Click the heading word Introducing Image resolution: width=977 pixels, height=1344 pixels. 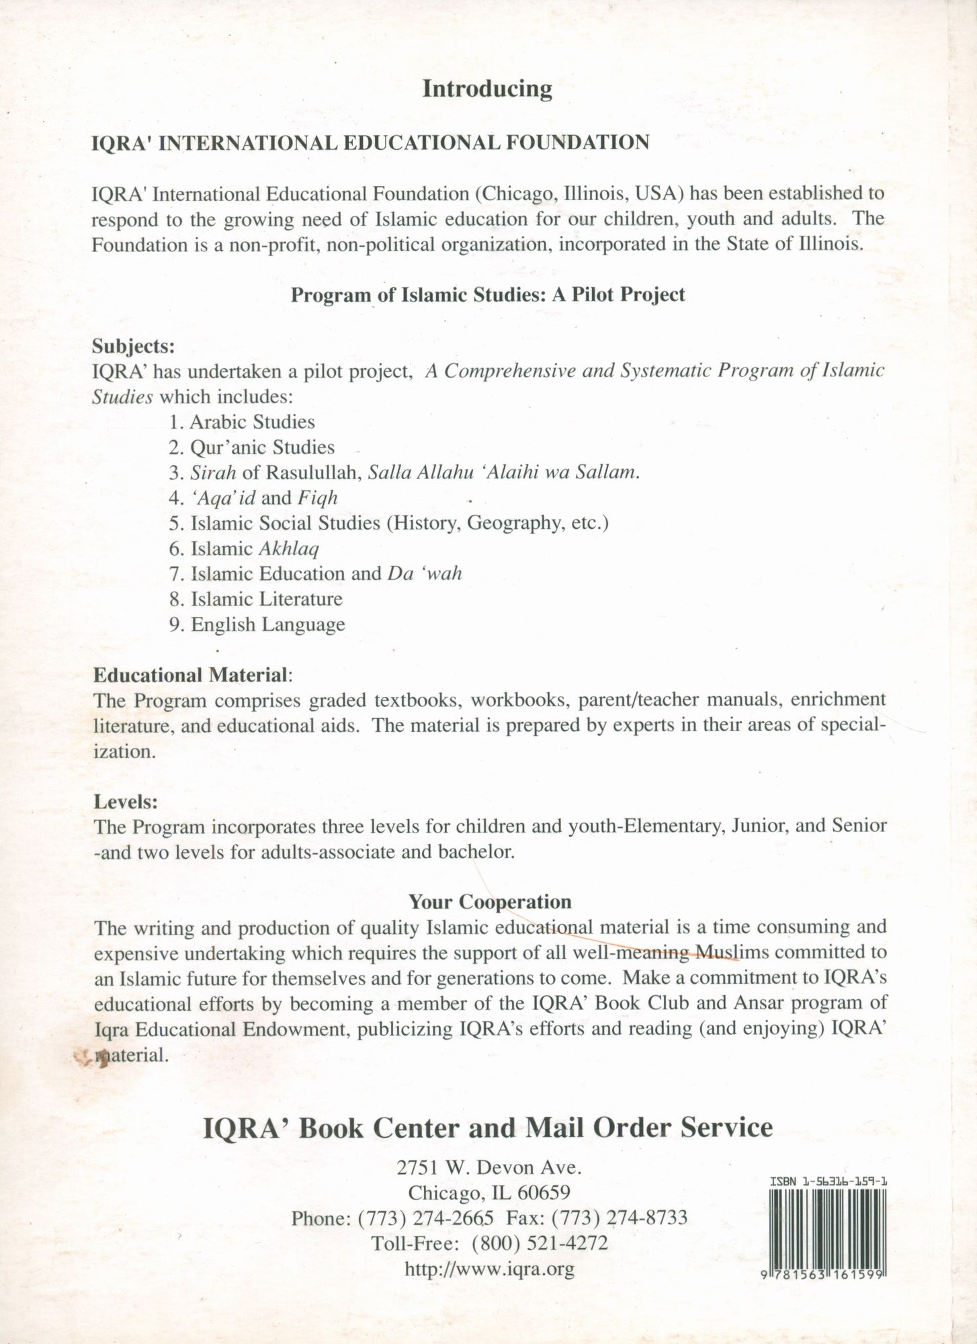coord(487,89)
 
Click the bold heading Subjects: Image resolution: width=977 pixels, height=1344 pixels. coord(134,346)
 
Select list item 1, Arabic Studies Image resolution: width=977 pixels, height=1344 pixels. coord(242,422)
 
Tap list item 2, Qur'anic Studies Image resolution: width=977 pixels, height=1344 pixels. coord(252,448)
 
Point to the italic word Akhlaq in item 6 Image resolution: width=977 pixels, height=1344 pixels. coord(289,549)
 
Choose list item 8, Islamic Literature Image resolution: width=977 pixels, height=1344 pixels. coord(256,599)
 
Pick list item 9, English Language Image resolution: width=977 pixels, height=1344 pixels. coord(257,624)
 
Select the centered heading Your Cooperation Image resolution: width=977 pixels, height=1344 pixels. coord(491,901)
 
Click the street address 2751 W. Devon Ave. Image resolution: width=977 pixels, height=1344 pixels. coord(489,1168)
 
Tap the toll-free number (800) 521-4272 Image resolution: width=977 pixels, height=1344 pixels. coord(540,1243)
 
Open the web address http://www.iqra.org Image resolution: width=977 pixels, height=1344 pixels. coord(489,1269)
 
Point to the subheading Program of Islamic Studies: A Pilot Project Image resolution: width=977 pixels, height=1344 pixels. coord(488,295)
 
